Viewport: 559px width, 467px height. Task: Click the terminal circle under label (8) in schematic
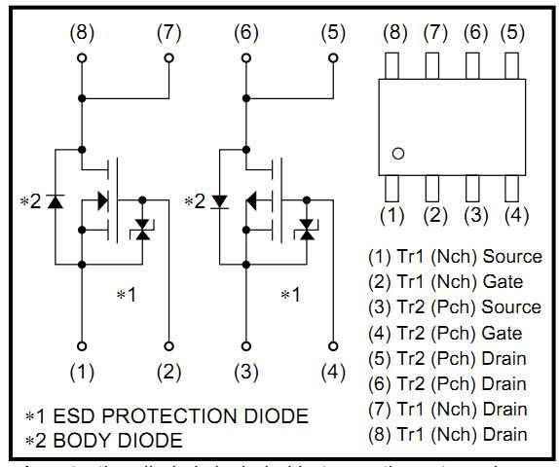click(x=82, y=58)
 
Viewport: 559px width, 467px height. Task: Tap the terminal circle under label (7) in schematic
click(x=169, y=58)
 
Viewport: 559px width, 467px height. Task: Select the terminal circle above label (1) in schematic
click(x=82, y=344)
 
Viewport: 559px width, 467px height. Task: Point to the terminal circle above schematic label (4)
click(x=334, y=344)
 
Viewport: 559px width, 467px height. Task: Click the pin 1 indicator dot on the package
click(x=397, y=153)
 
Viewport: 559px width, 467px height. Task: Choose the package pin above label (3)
click(x=474, y=186)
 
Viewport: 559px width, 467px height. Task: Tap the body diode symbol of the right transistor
click(x=220, y=201)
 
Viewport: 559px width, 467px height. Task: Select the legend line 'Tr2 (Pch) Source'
click(x=454, y=307)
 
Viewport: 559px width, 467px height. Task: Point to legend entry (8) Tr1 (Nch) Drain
click(x=447, y=434)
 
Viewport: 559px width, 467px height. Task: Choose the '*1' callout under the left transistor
click(x=128, y=294)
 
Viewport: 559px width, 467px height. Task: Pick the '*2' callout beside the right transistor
click(x=196, y=201)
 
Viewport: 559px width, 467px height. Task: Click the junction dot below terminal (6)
click(x=247, y=98)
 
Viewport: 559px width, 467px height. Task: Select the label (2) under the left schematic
click(x=169, y=371)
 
